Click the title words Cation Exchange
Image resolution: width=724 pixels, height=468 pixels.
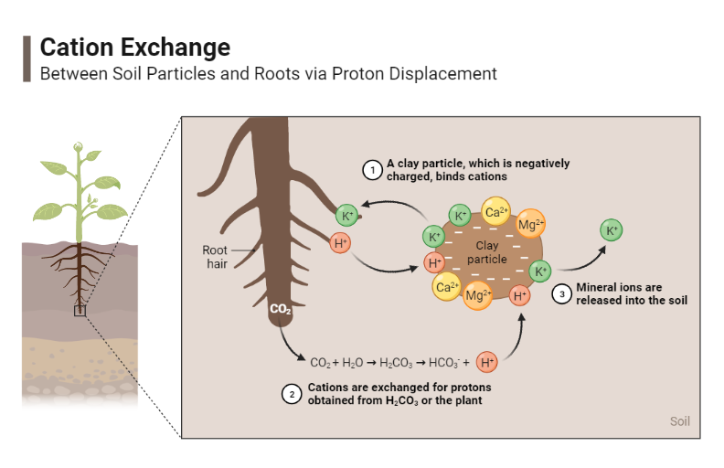[x=135, y=47]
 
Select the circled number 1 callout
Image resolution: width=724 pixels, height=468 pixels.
[x=372, y=169]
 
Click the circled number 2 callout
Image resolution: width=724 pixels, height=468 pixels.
[x=292, y=394]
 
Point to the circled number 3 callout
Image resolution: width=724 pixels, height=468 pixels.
[x=562, y=293]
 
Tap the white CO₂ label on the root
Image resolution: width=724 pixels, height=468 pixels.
[x=280, y=310]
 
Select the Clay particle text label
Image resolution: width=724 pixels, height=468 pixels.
[x=486, y=252]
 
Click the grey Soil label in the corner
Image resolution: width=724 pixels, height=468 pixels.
[x=679, y=421]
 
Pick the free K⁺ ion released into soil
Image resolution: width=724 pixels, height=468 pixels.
[x=612, y=230]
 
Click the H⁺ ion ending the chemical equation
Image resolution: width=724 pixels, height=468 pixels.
[x=487, y=362]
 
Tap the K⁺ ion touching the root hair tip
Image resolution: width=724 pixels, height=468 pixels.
[x=346, y=216]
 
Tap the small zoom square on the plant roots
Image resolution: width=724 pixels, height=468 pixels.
[x=80, y=310]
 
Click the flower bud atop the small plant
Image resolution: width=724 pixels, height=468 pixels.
[x=79, y=146]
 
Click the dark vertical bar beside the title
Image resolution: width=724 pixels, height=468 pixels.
[x=27, y=59]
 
